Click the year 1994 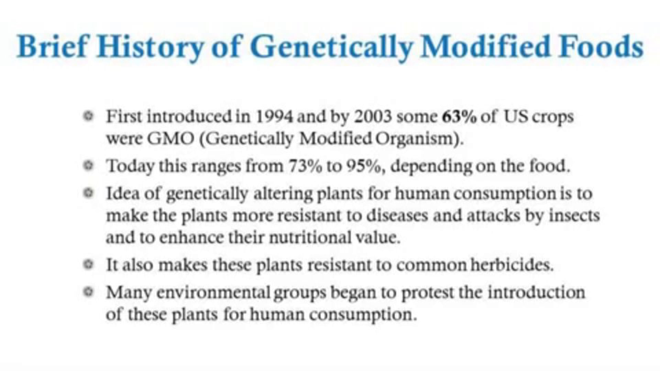274,117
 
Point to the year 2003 373,117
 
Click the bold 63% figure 459,117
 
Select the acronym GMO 170,139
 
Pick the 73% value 305,166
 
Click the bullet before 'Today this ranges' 88,166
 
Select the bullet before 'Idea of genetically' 88,193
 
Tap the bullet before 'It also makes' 88,264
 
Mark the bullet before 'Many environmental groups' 88,292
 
